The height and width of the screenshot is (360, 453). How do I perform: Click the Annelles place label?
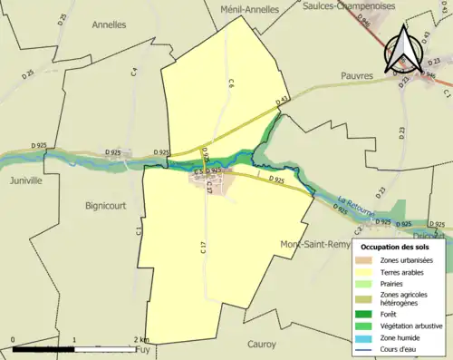[109, 25]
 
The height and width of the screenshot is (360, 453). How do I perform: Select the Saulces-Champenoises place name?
[348, 5]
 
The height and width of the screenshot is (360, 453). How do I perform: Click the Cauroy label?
[261, 344]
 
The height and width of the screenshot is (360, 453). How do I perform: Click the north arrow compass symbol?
[403, 50]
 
